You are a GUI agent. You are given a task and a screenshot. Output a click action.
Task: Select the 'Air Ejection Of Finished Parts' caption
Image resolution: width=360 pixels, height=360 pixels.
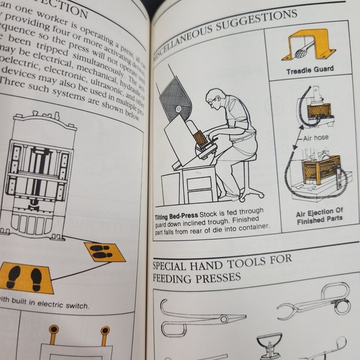point(319,215)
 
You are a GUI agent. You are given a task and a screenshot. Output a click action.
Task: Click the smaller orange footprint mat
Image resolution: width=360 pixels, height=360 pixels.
point(104,251)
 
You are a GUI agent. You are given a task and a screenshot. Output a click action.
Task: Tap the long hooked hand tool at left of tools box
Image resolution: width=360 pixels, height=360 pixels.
point(199,317)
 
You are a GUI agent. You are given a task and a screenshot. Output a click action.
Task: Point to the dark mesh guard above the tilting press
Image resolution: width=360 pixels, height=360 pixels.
point(175,97)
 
